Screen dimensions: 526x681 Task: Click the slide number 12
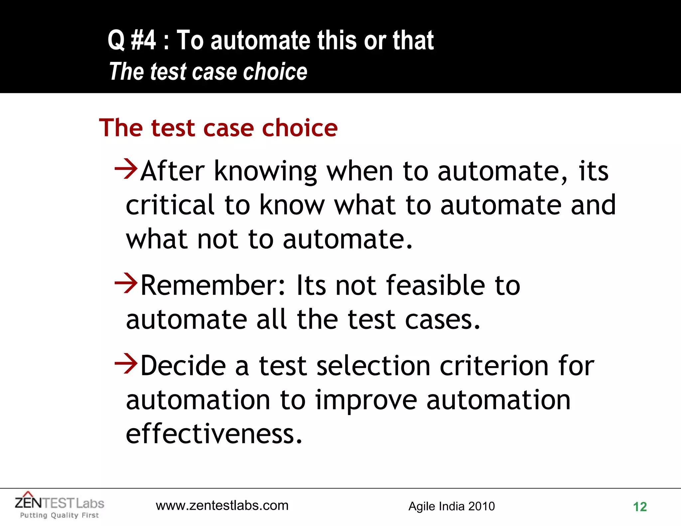pyautogui.click(x=640, y=507)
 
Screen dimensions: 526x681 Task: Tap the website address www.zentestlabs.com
pyautogui.click(x=222, y=505)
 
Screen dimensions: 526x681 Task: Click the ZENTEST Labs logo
pyautogui.click(x=60, y=503)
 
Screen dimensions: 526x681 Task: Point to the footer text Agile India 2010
pyautogui.click(x=452, y=506)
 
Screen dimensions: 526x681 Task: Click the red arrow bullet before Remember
pyautogui.click(x=126, y=283)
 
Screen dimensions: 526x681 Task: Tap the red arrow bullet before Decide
pyautogui.click(x=126, y=364)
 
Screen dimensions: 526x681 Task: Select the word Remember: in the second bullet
pyautogui.click(x=213, y=285)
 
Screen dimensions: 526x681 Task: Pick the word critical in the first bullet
pyautogui.click(x=170, y=205)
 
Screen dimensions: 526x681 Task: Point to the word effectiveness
pyautogui.click(x=214, y=434)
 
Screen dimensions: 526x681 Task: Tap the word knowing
pyautogui.click(x=265, y=172)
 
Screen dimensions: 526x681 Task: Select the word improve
pyautogui.click(x=366, y=400)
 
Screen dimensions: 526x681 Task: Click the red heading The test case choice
pyautogui.click(x=218, y=128)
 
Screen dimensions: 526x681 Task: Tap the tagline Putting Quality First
pyautogui.click(x=60, y=515)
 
